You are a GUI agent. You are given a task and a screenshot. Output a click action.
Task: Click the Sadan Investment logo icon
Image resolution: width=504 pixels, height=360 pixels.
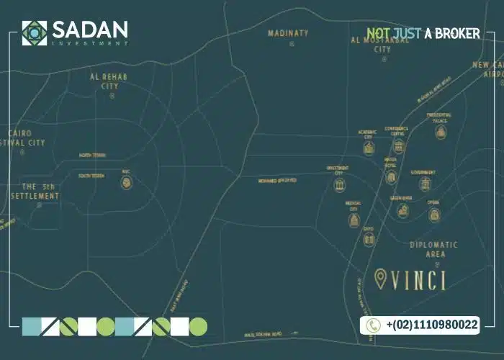[x=34, y=32]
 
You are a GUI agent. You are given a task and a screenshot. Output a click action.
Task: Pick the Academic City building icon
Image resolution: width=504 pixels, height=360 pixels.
[x=369, y=148]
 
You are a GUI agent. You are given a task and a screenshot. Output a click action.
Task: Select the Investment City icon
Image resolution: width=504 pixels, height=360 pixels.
[x=339, y=184]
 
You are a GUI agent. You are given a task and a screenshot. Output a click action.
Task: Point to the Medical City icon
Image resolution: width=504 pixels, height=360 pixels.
[x=354, y=218]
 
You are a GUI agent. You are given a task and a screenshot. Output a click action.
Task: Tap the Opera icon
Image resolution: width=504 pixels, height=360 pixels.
[x=433, y=215]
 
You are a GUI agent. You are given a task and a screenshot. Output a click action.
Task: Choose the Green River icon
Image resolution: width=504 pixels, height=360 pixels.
[x=402, y=210]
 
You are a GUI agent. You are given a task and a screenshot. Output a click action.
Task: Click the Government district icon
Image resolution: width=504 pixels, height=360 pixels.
[x=423, y=184]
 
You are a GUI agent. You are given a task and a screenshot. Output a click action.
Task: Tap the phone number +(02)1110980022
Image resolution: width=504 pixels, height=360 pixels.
[x=431, y=325]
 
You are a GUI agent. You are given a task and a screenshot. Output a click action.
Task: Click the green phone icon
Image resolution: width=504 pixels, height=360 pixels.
[x=373, y=325]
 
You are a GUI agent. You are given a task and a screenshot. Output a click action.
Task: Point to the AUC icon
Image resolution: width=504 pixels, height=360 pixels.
[x=126, y=183]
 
